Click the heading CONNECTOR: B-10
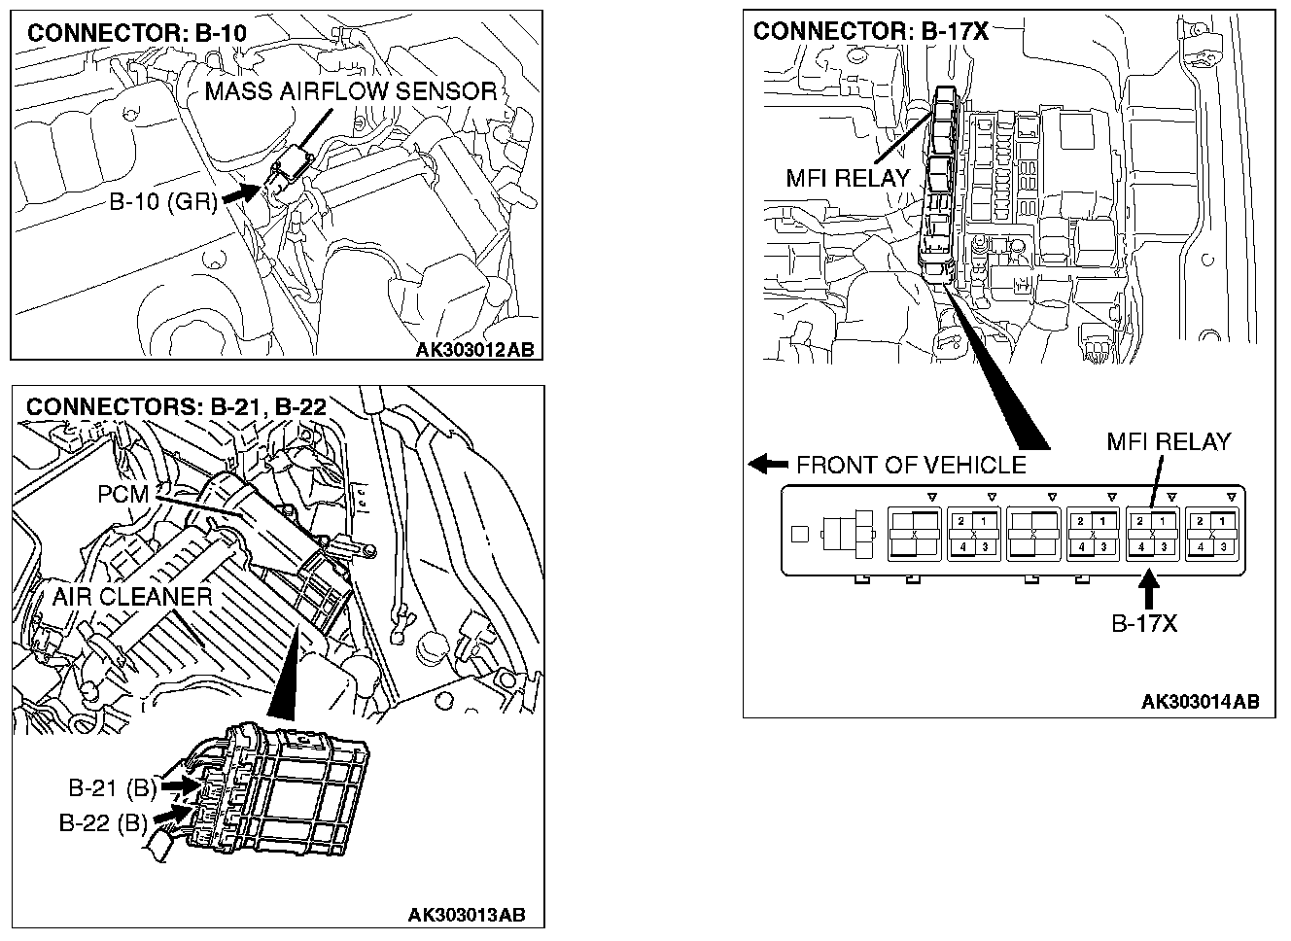(136, 33)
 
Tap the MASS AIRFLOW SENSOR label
(351, 92)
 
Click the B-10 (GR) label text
(163, 204)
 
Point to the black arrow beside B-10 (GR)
(241, 192)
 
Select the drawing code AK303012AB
(475, 350)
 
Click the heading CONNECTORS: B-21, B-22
(176, 406)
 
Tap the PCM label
(122, 495)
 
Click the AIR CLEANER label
(132, 596)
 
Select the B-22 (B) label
(103, 823)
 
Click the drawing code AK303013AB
(468, 915)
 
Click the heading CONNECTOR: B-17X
(870, 32)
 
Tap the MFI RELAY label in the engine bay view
(848, 179)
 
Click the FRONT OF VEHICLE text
(911, 465)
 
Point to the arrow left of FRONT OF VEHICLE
(769, 464)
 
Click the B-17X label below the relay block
(1144, 623)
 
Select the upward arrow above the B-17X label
(1150, 591)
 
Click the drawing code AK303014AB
(1201, 702)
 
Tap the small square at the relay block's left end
(800, 533)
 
